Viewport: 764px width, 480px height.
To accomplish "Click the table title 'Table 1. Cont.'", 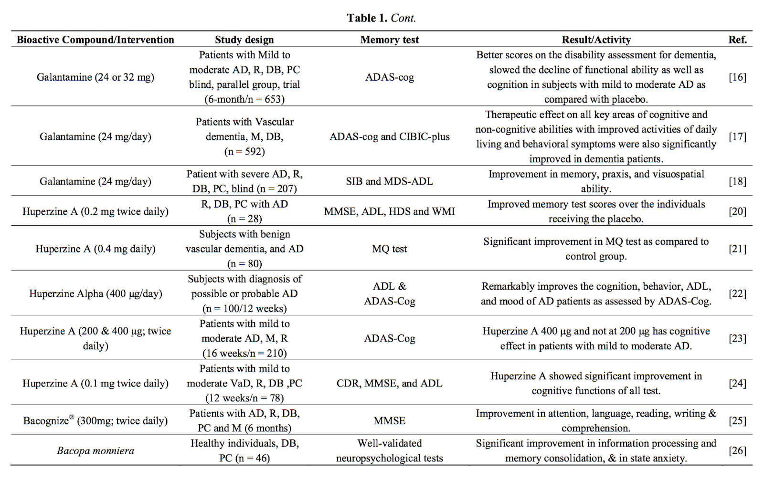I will [381, 18].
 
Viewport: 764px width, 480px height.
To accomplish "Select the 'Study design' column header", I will [244, 40].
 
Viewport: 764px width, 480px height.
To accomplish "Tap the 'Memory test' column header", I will [389, 40].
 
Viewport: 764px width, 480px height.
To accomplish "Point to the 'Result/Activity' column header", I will [596, 40].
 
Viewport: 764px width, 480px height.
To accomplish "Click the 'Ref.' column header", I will [737, 40].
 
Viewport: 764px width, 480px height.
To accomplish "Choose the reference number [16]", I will [737, 77].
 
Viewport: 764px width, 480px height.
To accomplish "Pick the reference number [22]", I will [737, 293].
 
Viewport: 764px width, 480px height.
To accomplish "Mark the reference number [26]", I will [737, 450].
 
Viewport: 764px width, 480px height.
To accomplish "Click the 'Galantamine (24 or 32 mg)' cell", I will [95, 77].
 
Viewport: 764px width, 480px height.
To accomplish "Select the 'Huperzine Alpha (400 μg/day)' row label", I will [95, 293].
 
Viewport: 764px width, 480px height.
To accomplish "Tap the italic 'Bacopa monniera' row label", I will [95, 450].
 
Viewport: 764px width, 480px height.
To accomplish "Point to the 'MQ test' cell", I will [389, 249].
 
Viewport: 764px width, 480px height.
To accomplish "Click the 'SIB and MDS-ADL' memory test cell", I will [389, 181].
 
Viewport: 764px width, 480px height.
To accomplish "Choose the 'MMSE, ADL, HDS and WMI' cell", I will [389, 211].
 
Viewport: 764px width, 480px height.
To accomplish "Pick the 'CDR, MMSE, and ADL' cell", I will [389, 383].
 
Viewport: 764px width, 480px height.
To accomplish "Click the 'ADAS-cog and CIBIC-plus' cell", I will [389, 136].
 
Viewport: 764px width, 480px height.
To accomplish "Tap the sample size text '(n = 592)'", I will [244, 151].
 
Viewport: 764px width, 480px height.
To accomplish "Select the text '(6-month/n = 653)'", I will [244, 99].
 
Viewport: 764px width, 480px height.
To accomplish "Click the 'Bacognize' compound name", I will [46, 421].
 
